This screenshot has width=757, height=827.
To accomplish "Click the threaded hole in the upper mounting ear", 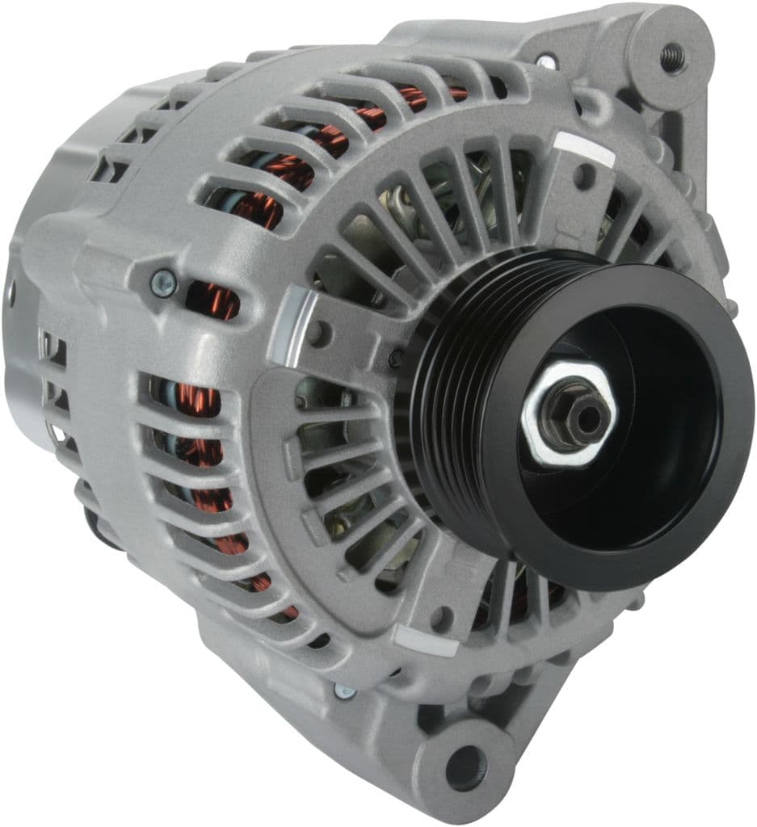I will coord(671,57).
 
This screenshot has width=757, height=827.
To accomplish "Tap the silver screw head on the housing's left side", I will coord(162,283).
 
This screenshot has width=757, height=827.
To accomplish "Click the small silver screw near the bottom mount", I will coord(344,691).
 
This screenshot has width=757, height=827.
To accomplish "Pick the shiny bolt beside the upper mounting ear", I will coord(546,61).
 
